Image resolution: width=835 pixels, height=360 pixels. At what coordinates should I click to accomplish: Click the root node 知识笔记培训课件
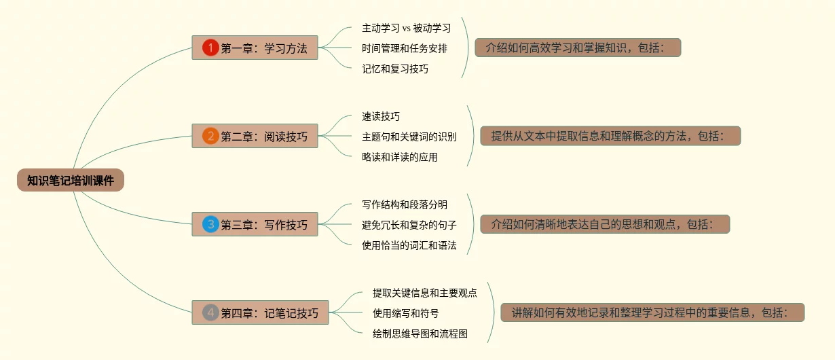tap(71, 181)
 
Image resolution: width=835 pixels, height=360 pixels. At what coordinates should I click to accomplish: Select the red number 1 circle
tap(210, 48)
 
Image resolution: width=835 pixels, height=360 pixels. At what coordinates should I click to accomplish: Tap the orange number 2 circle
tap(210, 136)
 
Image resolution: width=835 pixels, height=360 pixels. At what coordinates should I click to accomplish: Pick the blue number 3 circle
tap(210, 224)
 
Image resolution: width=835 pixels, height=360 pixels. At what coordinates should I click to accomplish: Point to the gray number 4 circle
tap(210, 312)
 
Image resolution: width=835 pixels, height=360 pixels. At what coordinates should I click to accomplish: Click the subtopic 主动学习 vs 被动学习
tap(406, 29)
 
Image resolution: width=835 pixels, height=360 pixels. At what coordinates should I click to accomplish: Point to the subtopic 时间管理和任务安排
tap(405, 48)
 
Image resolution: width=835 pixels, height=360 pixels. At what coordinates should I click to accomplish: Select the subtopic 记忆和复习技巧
tap(395, 69)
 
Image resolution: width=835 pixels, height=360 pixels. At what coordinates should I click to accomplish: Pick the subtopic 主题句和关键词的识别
tap(409, 137)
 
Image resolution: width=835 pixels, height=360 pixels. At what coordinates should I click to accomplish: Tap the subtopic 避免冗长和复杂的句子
tap(409, 225)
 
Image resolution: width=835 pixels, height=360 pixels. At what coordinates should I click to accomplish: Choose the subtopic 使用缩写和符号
tap(405, 313)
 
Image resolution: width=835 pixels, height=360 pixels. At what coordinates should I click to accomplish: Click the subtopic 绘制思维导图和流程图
tap(420, 334)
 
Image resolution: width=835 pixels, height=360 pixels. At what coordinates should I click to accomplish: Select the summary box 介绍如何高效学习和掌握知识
tap(578, 48)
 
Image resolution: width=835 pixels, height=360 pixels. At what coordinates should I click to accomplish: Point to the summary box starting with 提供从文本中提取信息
tap(610, 136)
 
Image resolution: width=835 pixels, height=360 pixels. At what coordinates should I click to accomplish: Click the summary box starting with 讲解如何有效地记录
tap(652, 312)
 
